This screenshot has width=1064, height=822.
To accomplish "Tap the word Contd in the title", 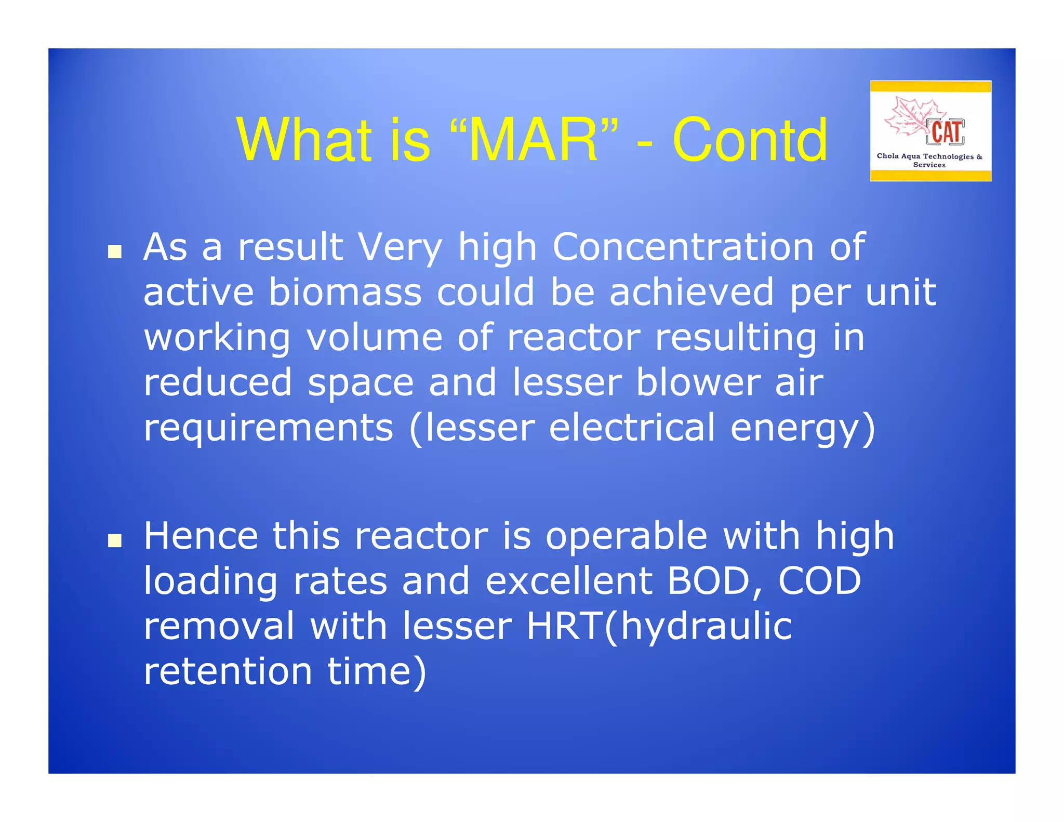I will tap(749, 140).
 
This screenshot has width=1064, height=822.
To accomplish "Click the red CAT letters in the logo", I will tap(946, 132).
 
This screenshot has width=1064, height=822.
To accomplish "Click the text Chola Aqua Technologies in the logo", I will tap(925, 156).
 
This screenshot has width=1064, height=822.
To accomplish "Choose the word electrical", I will tap(632, 428).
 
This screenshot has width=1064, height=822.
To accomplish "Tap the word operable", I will tap(626, 536).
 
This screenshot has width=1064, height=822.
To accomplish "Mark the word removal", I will tap(219, 626).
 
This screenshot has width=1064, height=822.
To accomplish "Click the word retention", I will tap(228, 671).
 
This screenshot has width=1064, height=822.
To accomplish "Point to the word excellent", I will tap(568, 581).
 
